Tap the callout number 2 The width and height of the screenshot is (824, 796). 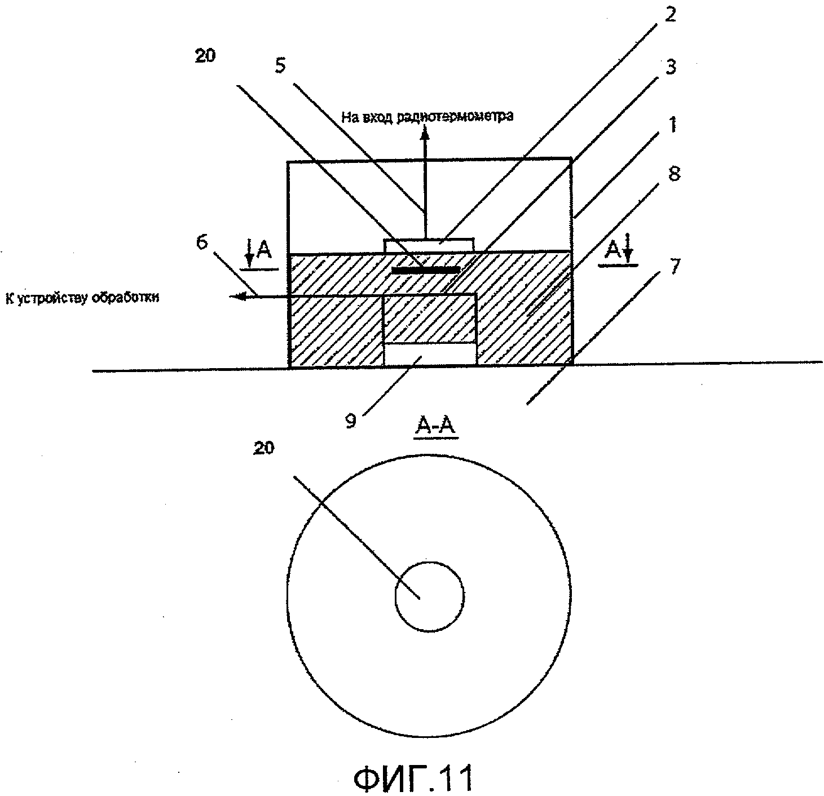pyautogui.click(x=669, y=14)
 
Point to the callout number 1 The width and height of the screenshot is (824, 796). pyautogui.click(x=671, y=123)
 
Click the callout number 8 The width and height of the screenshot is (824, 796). pyautogui.click(x=673, y=174)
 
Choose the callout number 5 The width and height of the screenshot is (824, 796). pyautogui.click(x=280, y=65)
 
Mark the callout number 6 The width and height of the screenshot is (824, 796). pyautogui.click(x=201, y=242)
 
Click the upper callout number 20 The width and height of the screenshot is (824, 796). pyautogui.click(x=205, y=56)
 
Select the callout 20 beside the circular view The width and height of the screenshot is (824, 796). pyautogui.click(x=263, y=448)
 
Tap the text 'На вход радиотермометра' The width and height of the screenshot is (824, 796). pyautogui.click(x=427, y=117)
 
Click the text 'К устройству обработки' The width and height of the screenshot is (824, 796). pyautogui.click(x=82, y=298)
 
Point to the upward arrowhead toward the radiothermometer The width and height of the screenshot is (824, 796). pyautogui.click(x=426, y=131)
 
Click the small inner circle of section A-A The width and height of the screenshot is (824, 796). pyautogui.click(x=429, y=596)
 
